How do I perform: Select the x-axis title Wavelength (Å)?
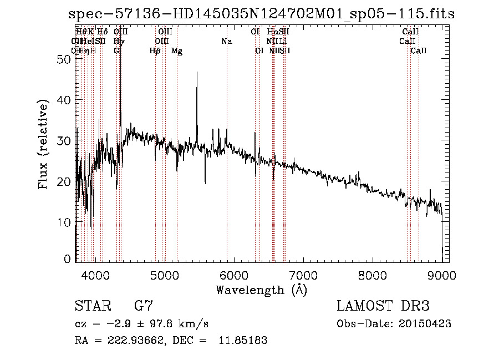click(261, 290)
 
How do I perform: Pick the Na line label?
click(226, 42)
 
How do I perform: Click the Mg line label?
click(177, 51)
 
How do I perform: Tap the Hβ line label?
click(155, 51)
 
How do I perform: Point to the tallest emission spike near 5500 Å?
click(197, 73)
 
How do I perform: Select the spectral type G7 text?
click(143, 306)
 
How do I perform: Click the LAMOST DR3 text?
click(383, 306)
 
